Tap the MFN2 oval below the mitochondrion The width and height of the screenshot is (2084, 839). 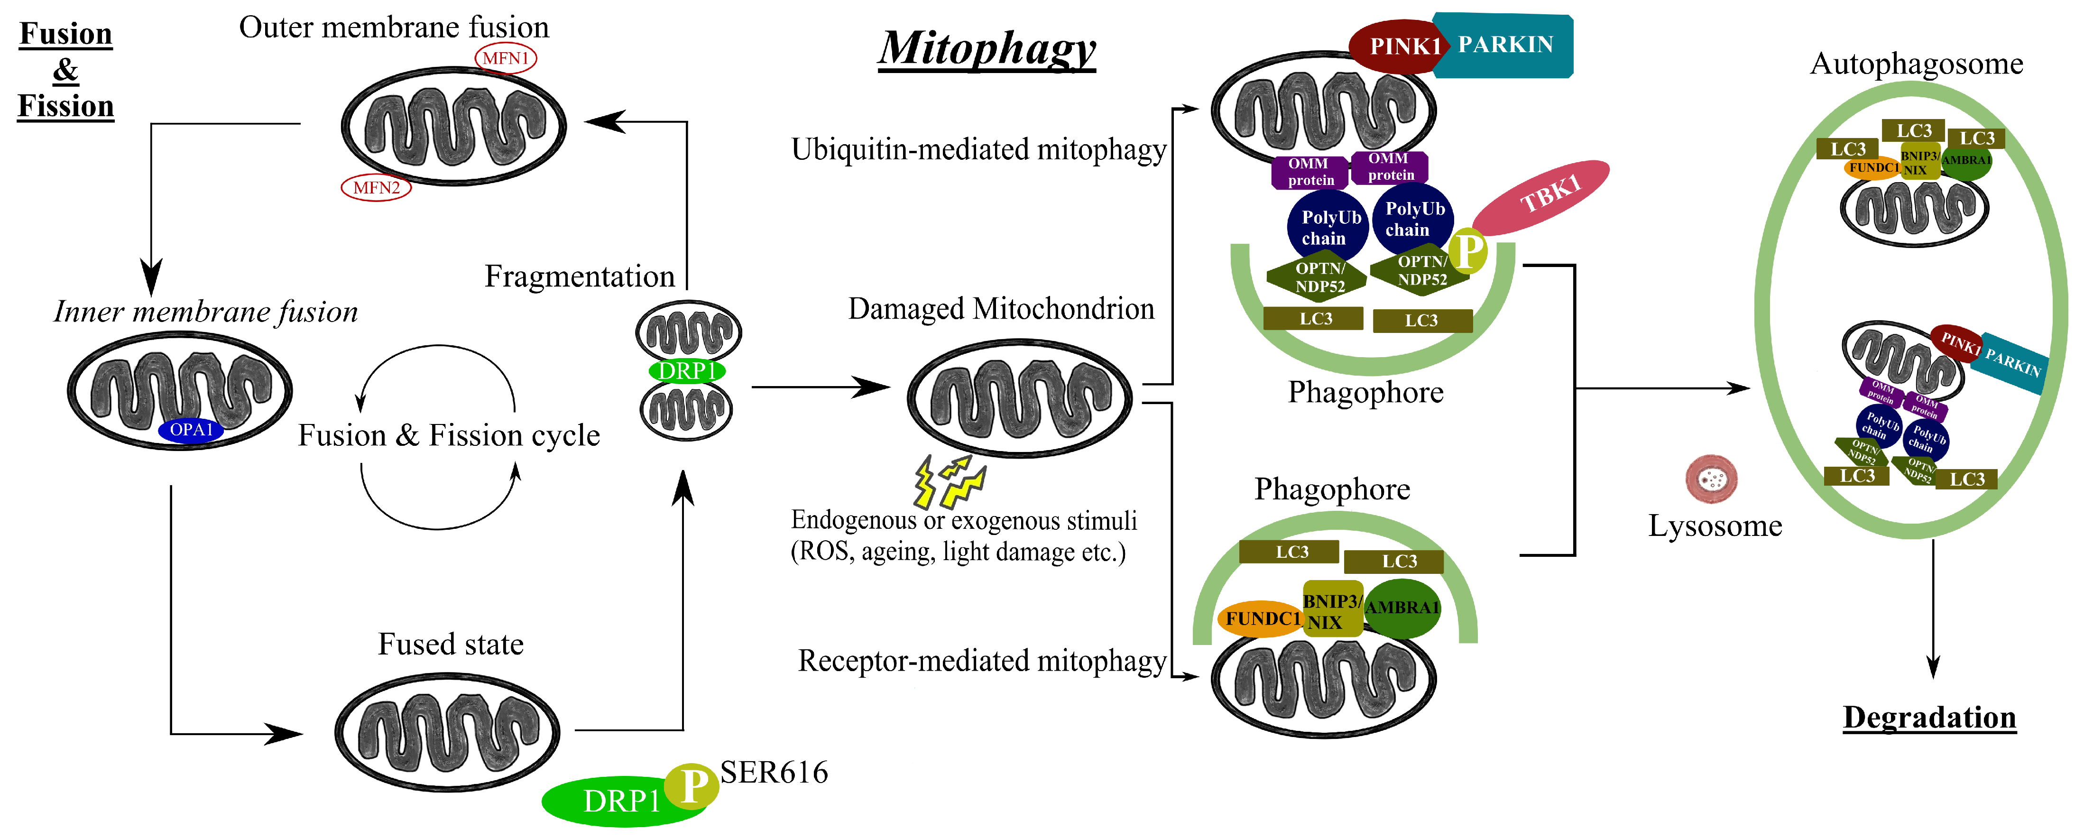click(x=376, y=188)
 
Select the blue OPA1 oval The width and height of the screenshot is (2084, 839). click(x=191, y=430)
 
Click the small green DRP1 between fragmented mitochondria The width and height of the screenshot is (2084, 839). click(x=687, y=370)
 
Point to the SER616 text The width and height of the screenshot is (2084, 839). click(x=774, y=773)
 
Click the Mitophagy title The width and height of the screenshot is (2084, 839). click(x=987, y=48)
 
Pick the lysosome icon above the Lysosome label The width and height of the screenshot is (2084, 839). click(x=1711, y=479)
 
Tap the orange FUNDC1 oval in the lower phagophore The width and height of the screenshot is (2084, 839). click(x=1261, y=619)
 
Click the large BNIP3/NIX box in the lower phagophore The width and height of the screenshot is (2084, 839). click(x=1332, y=611)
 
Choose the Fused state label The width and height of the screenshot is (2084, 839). click(x=451, y=644)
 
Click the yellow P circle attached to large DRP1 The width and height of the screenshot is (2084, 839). click(x=691, y=785)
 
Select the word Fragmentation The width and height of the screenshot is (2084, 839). click(x=579, y=277)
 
